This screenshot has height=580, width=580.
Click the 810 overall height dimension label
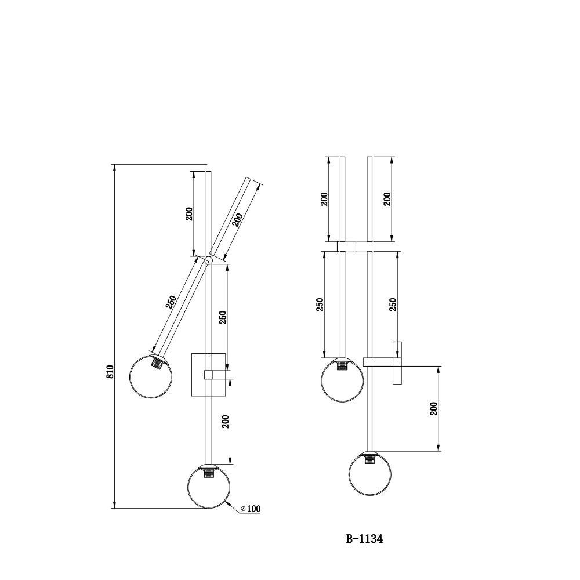click(110, 371)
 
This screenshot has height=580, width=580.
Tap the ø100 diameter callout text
click(251, 509)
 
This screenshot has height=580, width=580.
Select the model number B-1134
click(364, 539)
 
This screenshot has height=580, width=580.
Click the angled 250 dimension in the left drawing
click(171, 302)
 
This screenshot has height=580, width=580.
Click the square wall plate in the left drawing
click(208, 375)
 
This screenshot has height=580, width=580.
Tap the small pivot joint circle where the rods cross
click(208, 260)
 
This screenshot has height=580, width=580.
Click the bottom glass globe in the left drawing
click(208, 486)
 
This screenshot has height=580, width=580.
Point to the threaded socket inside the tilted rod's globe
click(158, 361)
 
